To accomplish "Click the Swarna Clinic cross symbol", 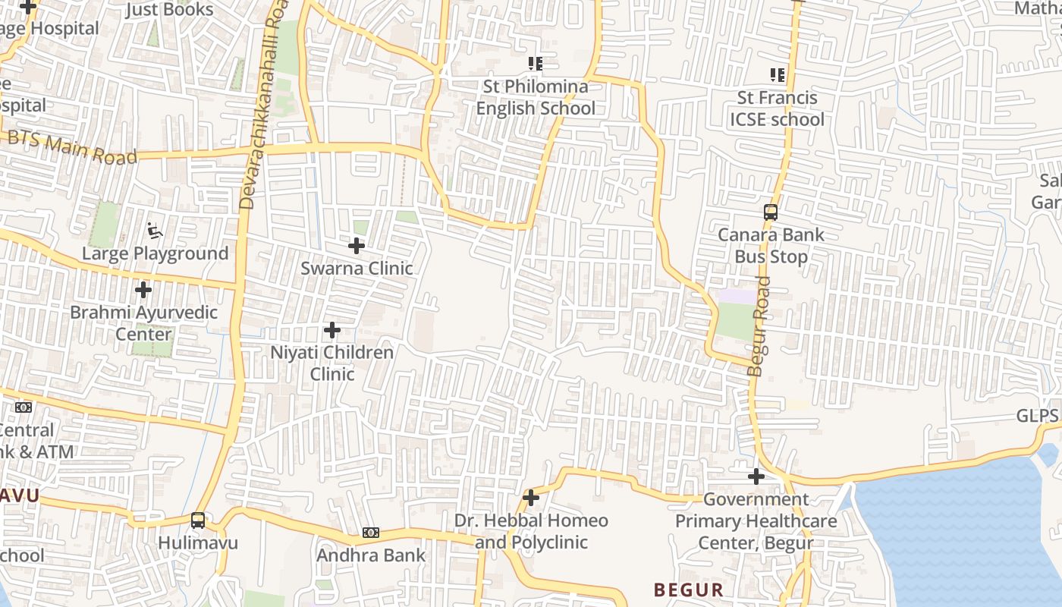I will click(x=356, y=246).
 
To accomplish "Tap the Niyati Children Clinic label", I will click(x=332, y=363).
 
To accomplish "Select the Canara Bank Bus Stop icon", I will click(x=771, y=212).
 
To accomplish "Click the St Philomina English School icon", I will click(x=536, y=64).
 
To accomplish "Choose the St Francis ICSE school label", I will click(x=777, y=109).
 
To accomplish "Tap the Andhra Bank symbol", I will click(x=370, y=533).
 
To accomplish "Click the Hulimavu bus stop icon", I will click(x=198, y=521).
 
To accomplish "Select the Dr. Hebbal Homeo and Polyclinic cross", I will click(x=531, y=498).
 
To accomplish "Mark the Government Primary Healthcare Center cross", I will click(x=756, y=476).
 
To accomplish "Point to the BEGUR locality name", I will click(x=688, y=590).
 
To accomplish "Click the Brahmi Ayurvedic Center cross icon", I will click(x=143, y=290).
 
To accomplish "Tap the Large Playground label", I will click(x=155, y=253).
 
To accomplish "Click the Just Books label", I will click(x=169, y=10).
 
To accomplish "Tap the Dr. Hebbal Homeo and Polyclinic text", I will click(x=531, y=531).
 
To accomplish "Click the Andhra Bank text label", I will click(x=371, y=555).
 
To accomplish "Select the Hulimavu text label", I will click(x=198, y=543).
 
